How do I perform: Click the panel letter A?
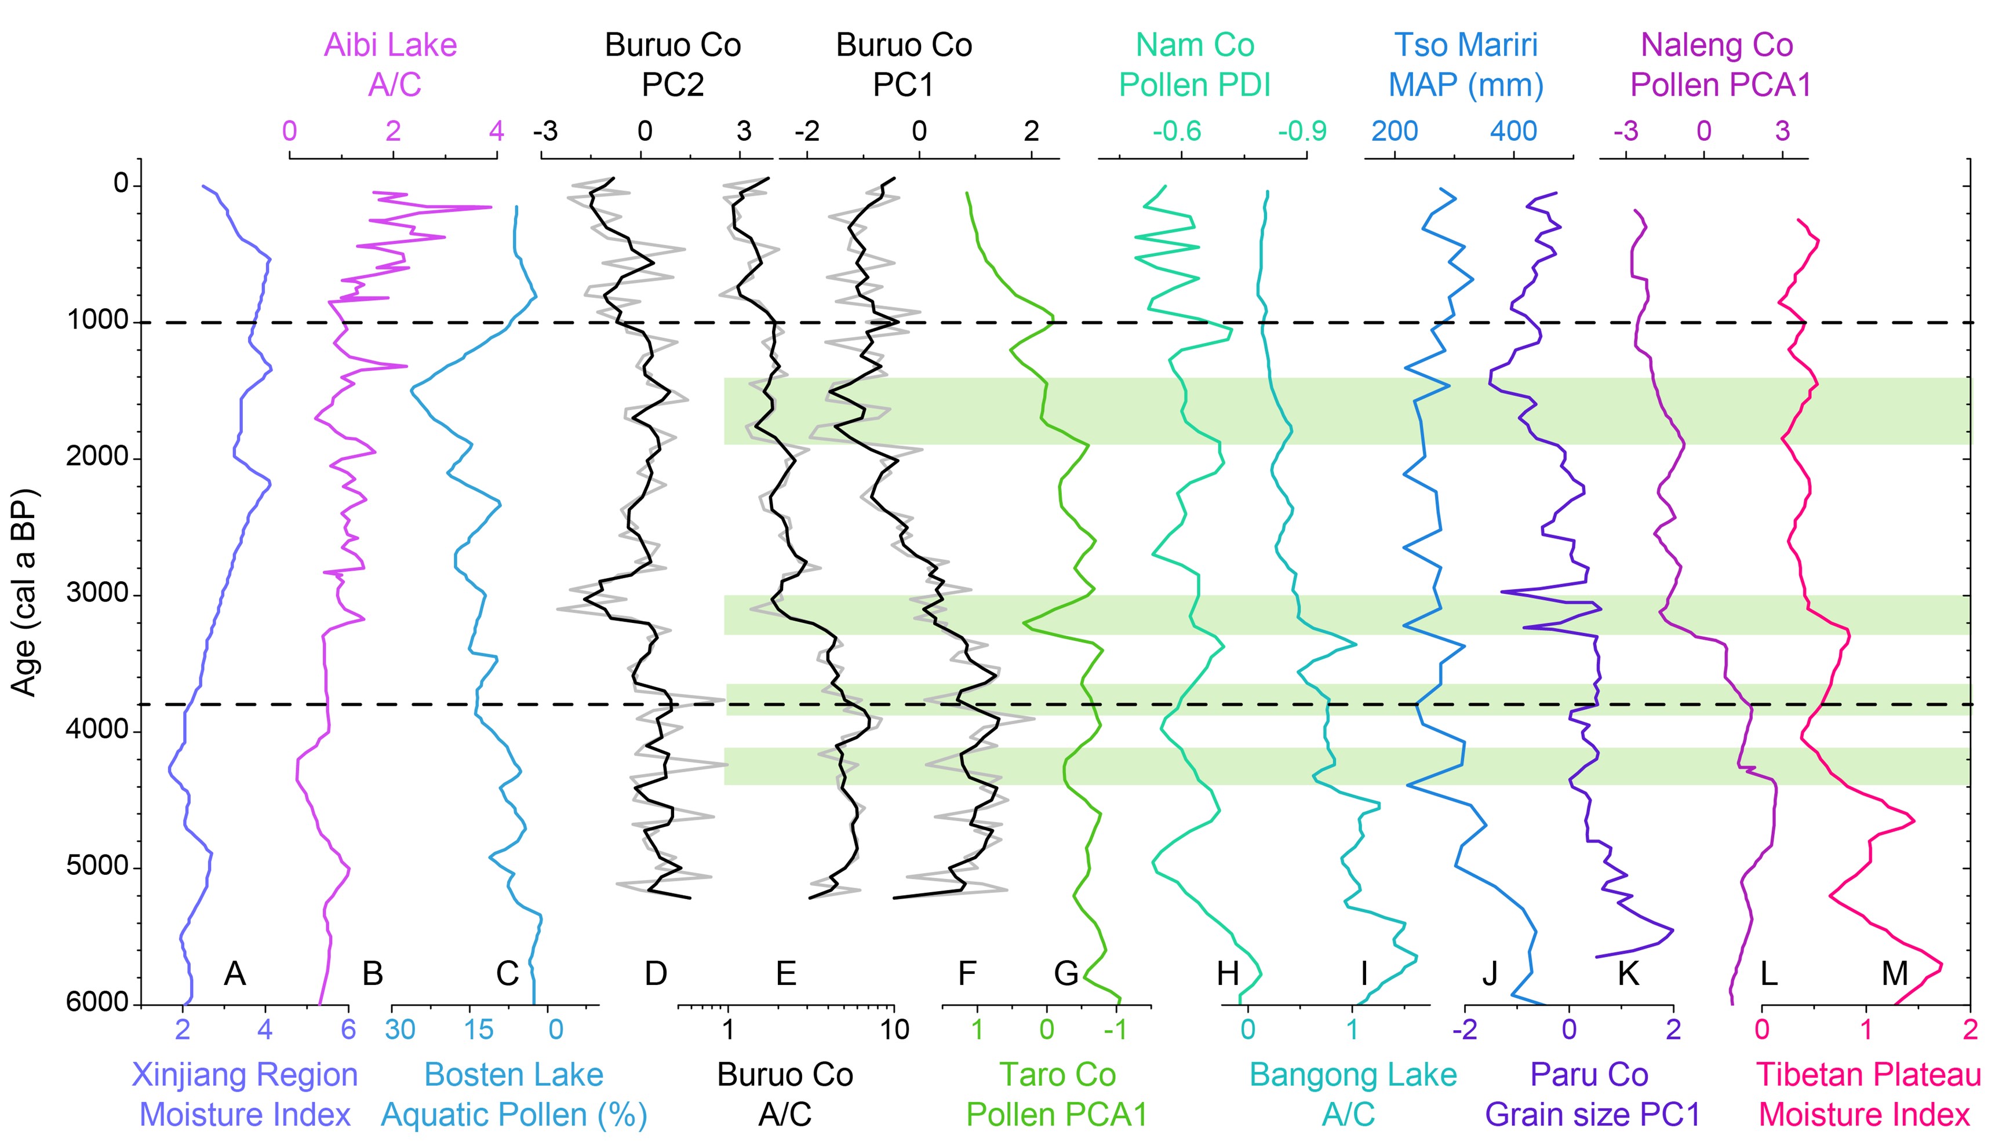[235, 973]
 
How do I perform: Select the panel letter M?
[1895, 973]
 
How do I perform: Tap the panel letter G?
[1066, 973]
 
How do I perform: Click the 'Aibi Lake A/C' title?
[391, 64]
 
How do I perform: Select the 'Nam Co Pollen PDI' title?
[1194, 64]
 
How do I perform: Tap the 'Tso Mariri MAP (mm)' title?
[1465, 64]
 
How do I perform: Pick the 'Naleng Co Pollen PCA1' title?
[1718, 64]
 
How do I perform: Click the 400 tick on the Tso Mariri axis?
[1513, 131]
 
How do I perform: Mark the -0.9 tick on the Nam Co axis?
[1302, 131]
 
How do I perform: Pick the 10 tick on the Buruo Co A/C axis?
[894, 1029]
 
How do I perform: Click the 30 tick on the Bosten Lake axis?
[400, 1029]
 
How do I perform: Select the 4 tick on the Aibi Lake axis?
[497, 131]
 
